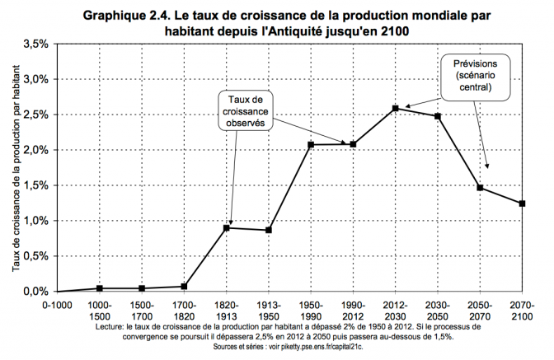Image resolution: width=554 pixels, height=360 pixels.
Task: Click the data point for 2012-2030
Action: [396, 108]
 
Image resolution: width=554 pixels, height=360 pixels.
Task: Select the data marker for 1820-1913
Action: [227, 227]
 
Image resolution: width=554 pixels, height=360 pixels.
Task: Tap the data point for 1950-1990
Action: [312, 145]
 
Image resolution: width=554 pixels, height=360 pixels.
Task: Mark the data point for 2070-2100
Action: [523, 203]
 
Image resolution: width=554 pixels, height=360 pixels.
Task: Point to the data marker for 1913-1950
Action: [269, 230]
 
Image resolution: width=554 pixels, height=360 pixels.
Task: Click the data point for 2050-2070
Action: [480, 188]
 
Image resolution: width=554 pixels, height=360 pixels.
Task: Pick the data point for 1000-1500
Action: [100, 288]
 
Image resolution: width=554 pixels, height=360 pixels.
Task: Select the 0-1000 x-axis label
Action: [58, 304]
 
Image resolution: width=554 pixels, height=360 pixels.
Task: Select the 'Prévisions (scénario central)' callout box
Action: [477, 75]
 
